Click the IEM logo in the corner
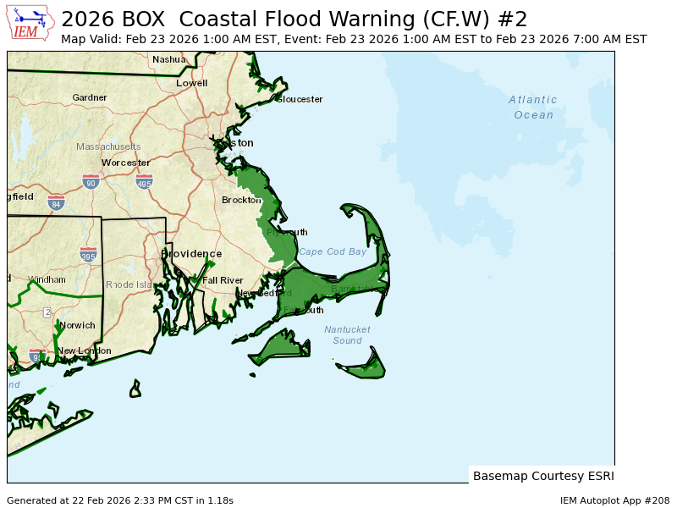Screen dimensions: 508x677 point(31,22)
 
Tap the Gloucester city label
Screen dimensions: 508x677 point(300,99)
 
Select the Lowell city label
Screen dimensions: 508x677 point(191,83)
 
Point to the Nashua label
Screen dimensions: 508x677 point(168,59)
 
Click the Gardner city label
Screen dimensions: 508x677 point(90,97)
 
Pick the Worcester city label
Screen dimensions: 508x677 point(126,163)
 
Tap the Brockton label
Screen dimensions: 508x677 point(242,200)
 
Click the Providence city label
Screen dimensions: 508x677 point(191,254)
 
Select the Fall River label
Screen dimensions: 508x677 point(223,280)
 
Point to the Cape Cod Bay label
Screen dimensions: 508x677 point(333,251)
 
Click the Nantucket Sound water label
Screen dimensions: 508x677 point(347,335)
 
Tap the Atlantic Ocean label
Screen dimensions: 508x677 point(533,107)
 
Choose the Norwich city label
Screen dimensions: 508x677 point(77,325)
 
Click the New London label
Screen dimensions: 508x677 point(84,351)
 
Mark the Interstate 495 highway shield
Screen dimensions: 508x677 point(144,181)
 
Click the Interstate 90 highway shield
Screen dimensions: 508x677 point(91,181)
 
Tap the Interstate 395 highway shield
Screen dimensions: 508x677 point(88,254)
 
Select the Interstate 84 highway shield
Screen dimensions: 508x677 point(56,203)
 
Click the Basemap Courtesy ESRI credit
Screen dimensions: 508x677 point(543,476)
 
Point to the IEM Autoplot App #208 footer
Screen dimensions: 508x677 point(614,500)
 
